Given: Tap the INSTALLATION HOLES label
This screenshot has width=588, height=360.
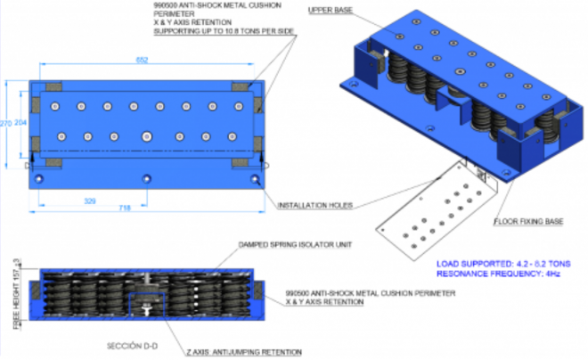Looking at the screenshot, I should pos(315,206).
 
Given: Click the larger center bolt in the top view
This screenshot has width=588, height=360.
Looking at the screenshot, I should pos(147,136).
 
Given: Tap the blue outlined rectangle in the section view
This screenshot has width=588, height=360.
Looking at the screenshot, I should pos(146,304).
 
